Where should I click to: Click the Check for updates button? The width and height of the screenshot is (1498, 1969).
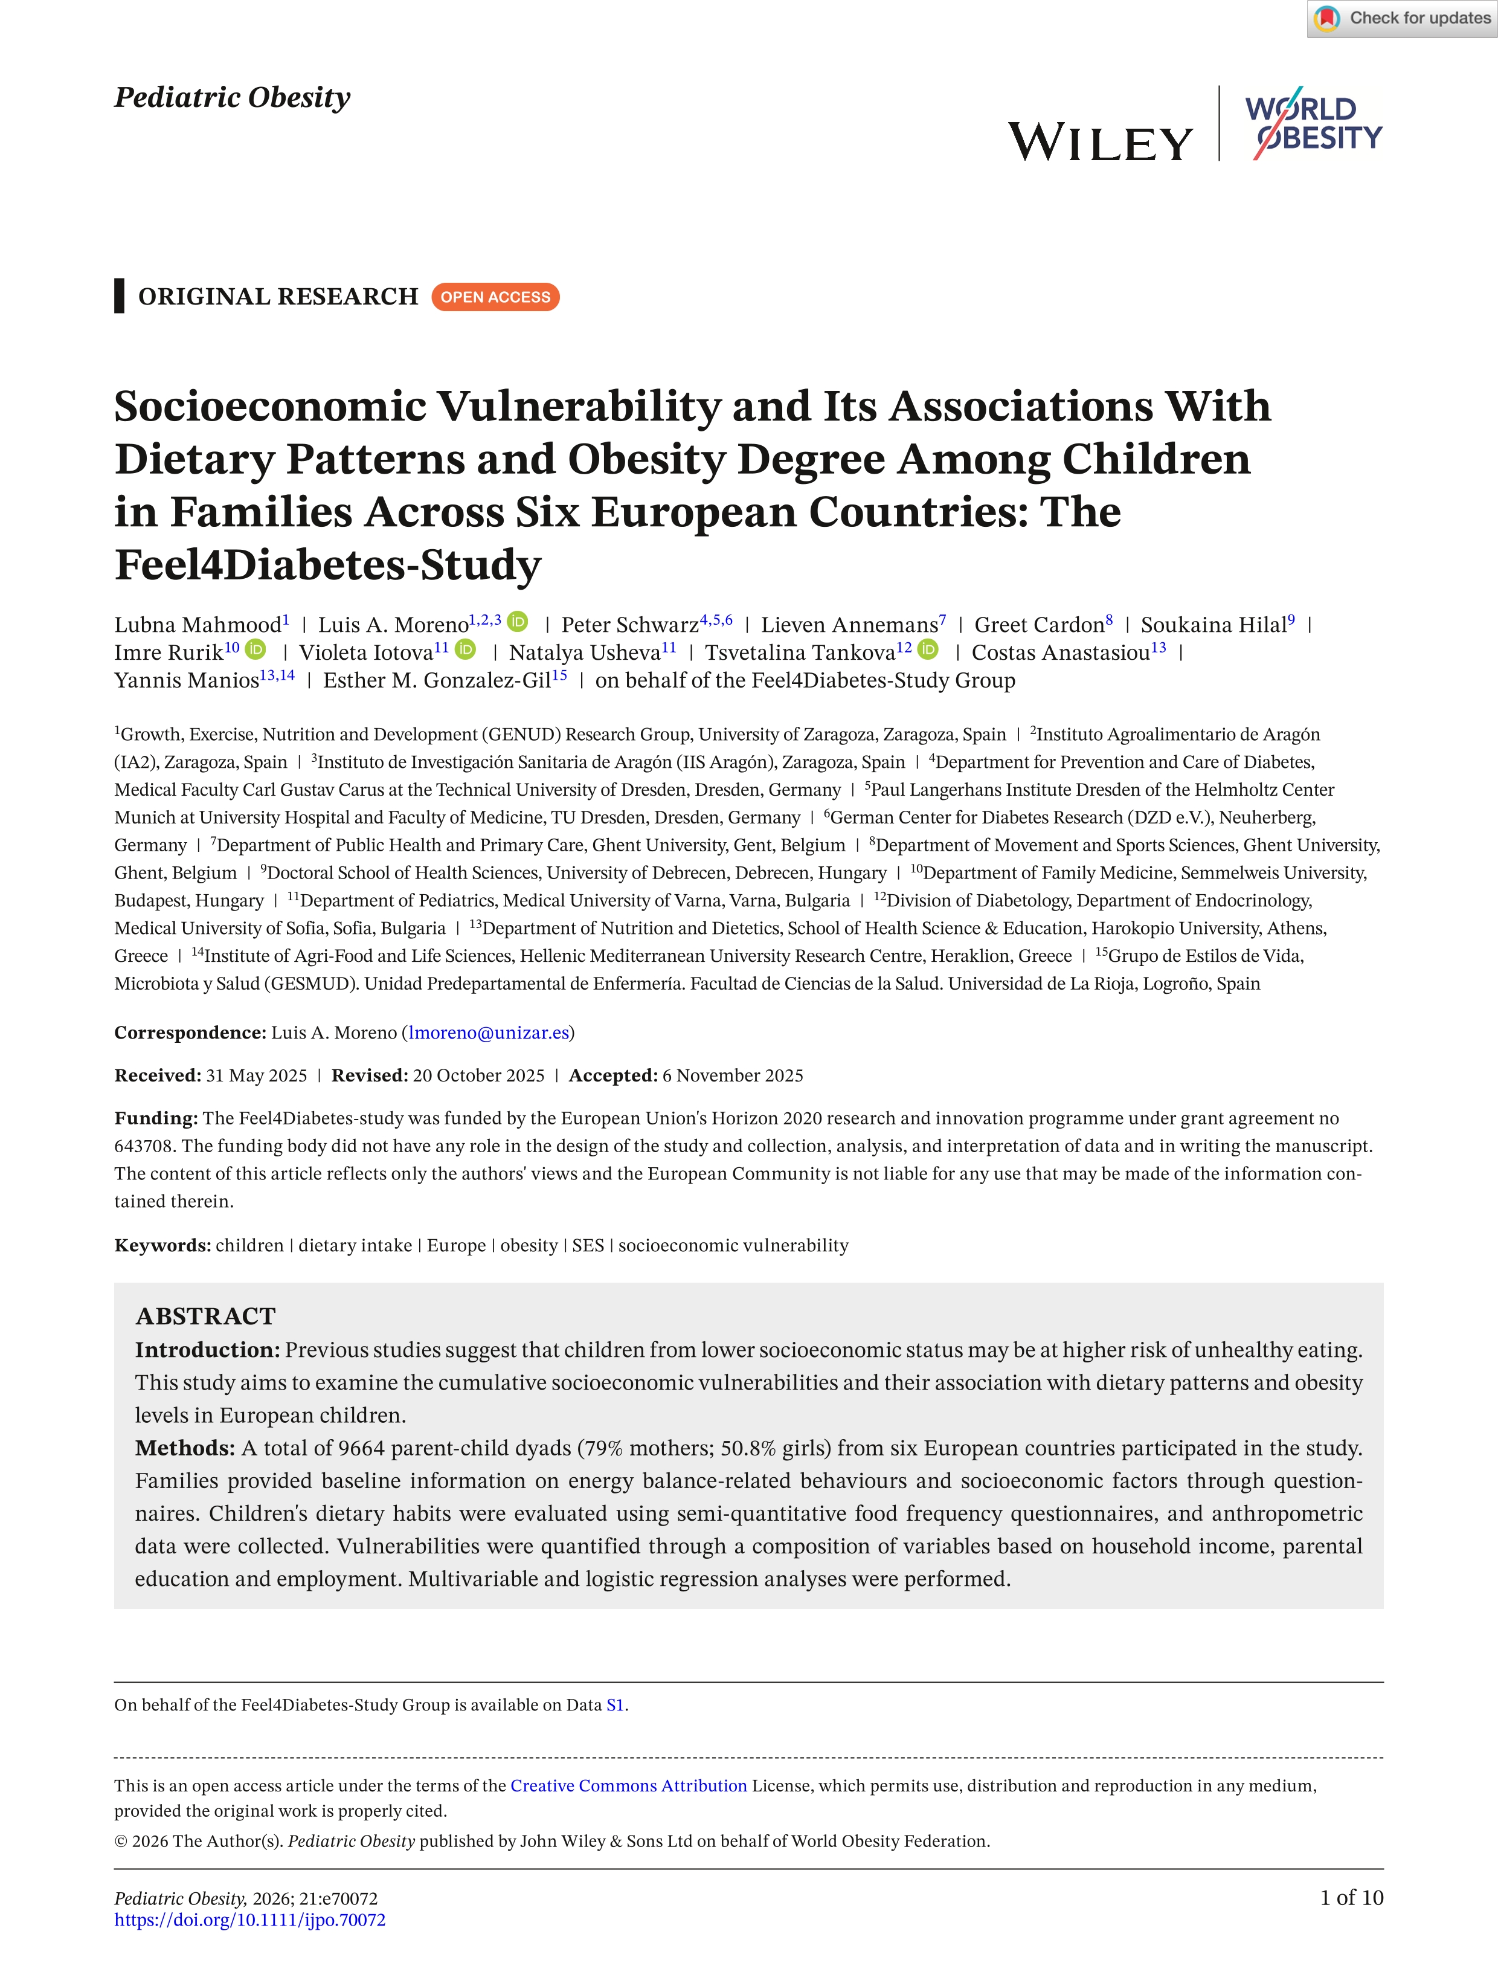[1403, 19]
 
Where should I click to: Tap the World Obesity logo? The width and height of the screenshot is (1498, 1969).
[1313, 124]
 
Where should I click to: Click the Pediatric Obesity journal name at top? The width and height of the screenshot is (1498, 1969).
[232, 97]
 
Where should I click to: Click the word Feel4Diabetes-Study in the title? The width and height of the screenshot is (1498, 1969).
[327, 566]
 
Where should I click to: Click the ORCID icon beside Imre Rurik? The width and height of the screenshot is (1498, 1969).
[256, 649]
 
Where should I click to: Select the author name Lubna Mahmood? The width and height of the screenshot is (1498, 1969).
[197, 625]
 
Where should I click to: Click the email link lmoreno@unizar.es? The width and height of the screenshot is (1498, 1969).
[487, 1033]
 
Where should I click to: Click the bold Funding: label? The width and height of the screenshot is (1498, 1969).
[155, 1118]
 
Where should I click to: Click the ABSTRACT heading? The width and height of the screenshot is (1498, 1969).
[205, 1316]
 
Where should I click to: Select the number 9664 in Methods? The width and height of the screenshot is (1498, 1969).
[361, 1448]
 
